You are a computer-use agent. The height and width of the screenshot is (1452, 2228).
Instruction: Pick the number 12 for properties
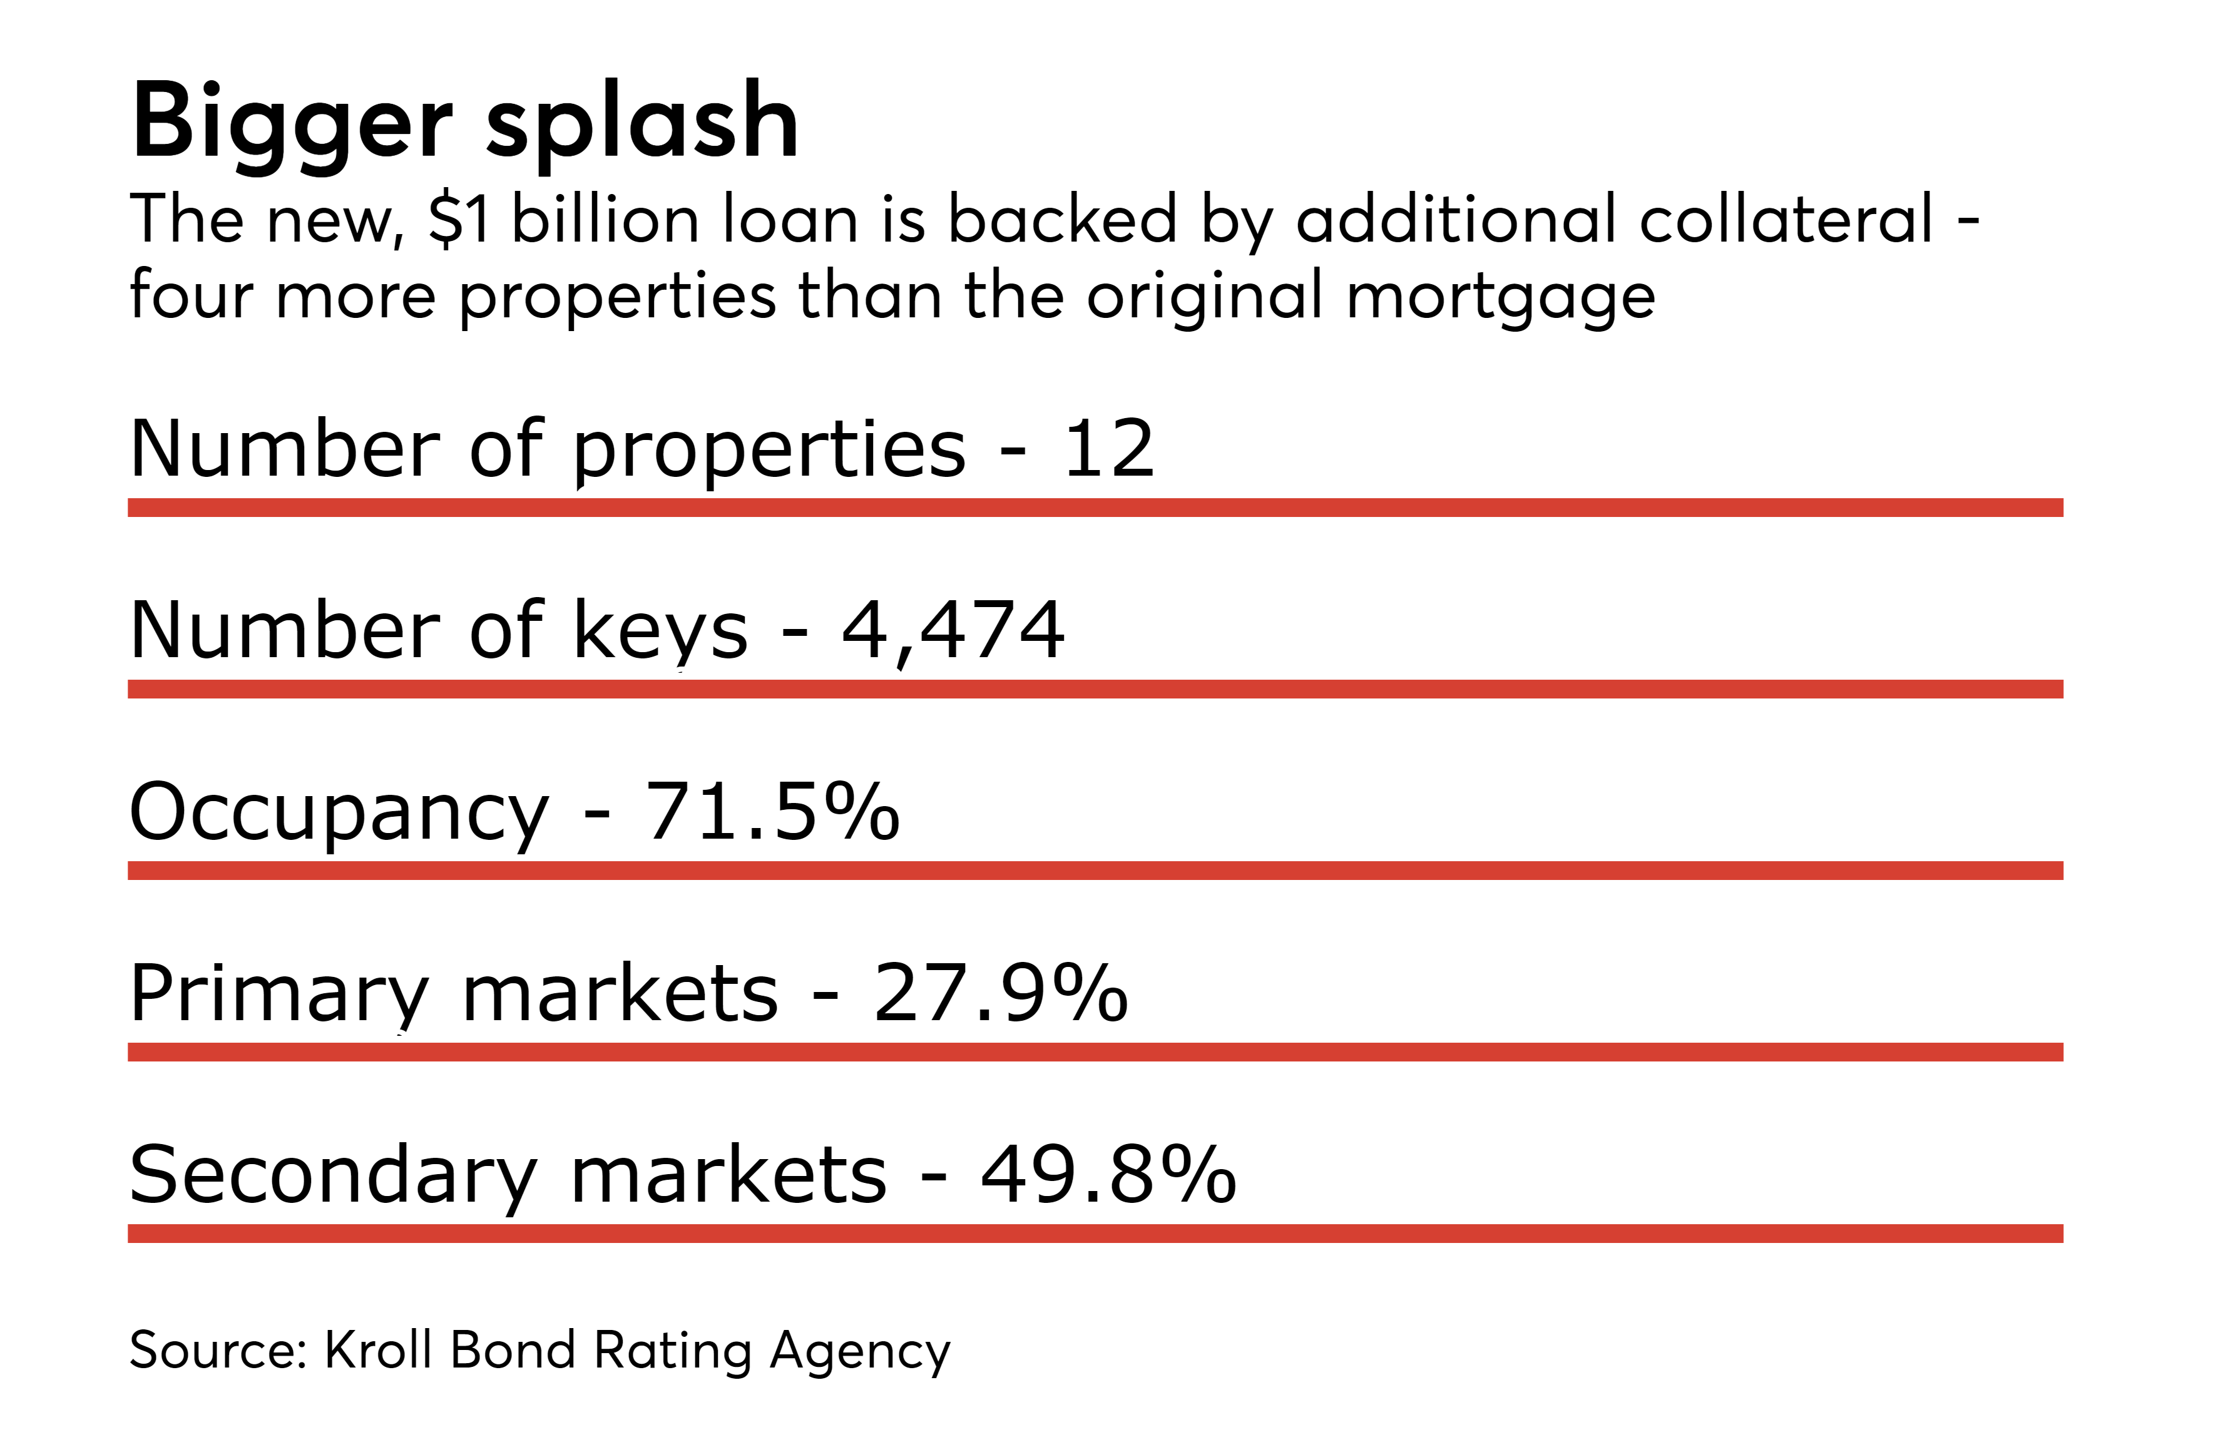1108,448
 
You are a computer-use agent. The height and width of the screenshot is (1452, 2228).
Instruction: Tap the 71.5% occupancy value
772,810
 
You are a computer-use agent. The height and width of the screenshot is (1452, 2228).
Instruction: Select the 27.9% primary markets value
1001,993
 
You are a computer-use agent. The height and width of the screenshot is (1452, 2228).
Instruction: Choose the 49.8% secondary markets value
1108,1174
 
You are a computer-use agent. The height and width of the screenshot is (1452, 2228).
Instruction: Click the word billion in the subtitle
604,219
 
